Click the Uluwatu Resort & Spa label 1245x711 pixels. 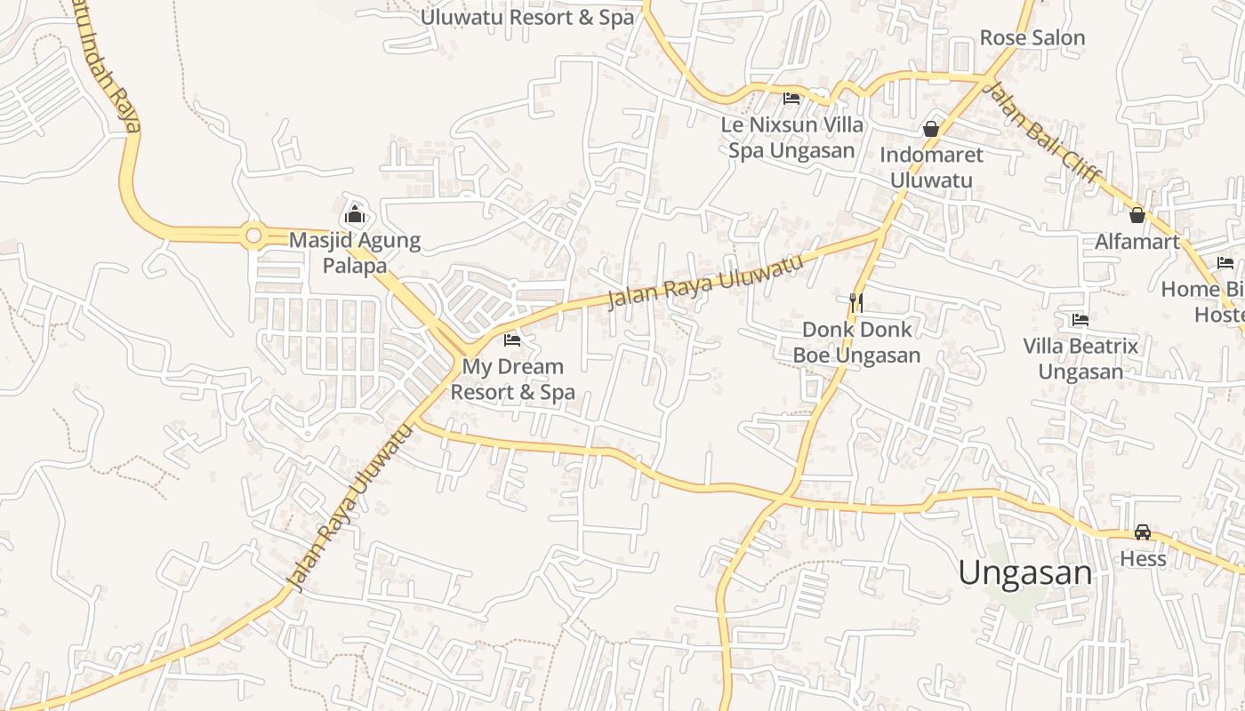pos(527,17)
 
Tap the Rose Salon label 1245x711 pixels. pos(1032,37)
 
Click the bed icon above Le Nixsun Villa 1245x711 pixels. pos(791,98)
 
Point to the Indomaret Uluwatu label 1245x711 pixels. pos(931,167)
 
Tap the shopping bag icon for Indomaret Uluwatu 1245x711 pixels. pos(931,129)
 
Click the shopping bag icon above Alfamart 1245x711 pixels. pos(1137,214)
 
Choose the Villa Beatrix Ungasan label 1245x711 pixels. pos(1080,358)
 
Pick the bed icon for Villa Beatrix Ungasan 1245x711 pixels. pos(1080,319)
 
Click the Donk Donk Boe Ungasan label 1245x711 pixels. pos(856,342)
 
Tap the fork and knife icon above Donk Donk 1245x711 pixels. pos(856,303)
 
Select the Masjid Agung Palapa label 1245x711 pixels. pos(355,252)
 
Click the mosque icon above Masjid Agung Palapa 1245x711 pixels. pos(355,214)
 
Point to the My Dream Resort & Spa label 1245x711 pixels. pos(513,379)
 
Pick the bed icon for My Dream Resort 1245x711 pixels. pos(512,340)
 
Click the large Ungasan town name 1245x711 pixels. pos(1025,572)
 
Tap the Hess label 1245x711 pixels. pos(1143,559)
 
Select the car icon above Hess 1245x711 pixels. pos(1143,532)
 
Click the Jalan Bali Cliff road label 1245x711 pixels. pos(1044,133)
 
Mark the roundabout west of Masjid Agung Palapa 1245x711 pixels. pos(253,236)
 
